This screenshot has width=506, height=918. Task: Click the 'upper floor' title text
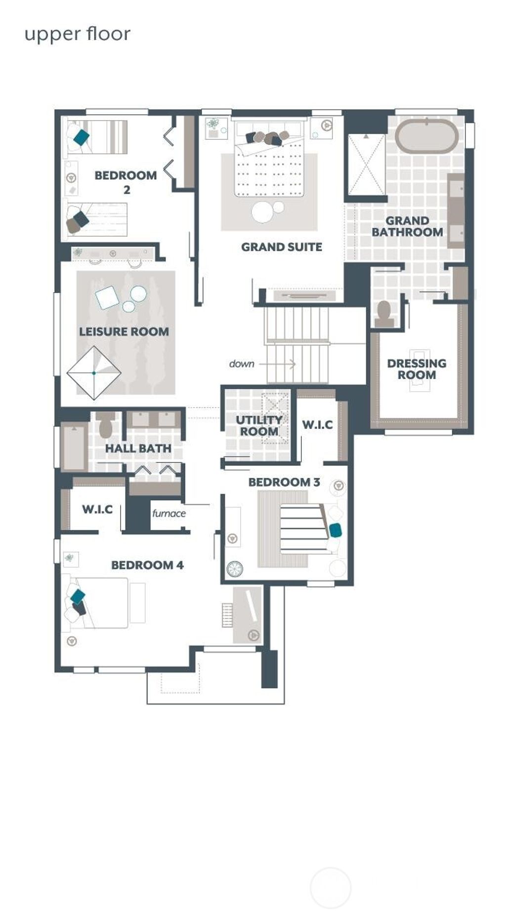77,35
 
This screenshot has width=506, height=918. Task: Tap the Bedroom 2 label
126,181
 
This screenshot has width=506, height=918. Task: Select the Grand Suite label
281,247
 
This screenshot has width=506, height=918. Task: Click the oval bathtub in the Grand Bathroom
426,136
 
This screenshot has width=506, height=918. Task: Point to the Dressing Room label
416,369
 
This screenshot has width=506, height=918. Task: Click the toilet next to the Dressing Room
384,313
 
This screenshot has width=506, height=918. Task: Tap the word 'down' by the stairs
242,364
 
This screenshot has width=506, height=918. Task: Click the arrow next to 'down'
278,364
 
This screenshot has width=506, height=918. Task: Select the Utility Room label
258,425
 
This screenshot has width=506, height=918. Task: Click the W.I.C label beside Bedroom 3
317,424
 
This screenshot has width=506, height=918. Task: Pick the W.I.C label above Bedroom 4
97,509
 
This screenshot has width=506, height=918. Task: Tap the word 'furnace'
169,513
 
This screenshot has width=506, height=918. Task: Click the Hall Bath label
138,448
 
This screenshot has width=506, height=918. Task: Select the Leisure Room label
124,332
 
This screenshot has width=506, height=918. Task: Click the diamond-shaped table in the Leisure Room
94,373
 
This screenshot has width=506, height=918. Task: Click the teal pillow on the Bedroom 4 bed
78,596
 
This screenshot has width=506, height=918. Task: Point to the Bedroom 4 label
147,565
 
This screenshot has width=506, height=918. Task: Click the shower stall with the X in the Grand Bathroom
366,164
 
